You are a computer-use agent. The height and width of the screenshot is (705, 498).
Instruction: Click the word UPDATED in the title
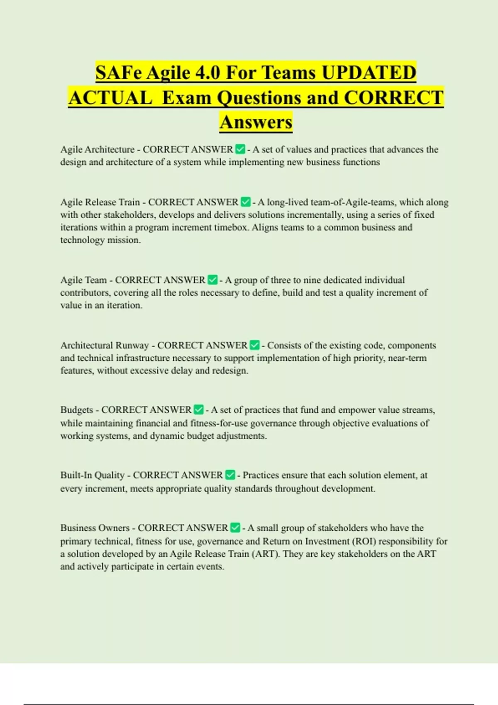(x=369, y=73)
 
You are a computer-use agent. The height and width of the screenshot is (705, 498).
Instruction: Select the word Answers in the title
(x=256, y=122)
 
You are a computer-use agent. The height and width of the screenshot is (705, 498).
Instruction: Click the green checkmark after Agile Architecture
(x=240, y=149)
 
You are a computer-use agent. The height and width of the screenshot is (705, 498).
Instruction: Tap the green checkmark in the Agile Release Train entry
(x=245, y=202)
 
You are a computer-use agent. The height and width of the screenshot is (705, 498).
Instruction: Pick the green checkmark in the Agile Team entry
(x=212, y=280)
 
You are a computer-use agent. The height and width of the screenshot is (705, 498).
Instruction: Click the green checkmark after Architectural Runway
(x=254, y=345)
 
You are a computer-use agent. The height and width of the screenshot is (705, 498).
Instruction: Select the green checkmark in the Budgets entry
(x=199, y=410)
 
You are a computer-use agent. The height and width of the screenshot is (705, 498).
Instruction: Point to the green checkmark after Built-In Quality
(x=230, y=475)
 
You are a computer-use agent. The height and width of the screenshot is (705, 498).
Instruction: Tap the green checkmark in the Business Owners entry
(x=235, y=528)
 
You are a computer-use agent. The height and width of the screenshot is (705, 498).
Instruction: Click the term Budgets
(x=77, y=410)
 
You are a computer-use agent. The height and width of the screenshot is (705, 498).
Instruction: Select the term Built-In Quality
(x=92, y=475)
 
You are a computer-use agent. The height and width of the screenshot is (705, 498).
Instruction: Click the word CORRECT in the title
(x=394, y=98)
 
